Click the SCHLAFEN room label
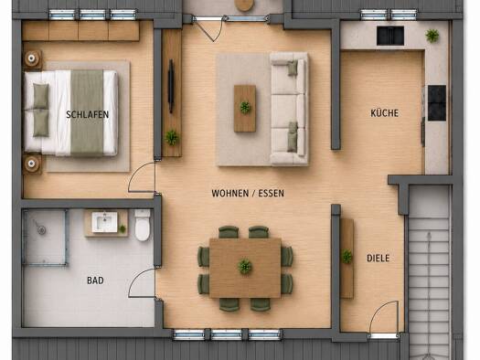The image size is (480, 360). [x=87, y=114]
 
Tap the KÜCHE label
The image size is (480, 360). [x=385, y=113]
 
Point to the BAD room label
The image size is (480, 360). [x=95, y=281]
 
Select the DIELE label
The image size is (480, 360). [x=379, y=259]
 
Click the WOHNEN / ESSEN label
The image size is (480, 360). [x=248, y=194]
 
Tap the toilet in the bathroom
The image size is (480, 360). [x=143, y=225]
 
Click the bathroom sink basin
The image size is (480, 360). [x=105, y=222]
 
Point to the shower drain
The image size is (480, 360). [x=42, y=229]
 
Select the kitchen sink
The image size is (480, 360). [x=390, y=36]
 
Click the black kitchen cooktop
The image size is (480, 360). [x=437, y=103]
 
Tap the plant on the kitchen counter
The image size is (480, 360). [x=432, y=36]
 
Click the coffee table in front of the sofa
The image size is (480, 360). [x=245, y=109]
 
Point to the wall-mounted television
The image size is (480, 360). [x=171, y=86]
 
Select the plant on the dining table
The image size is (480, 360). [x=245, y=266]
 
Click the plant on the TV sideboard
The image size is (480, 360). [x=172, y=138]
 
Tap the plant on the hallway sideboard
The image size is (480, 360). [x=347, y=257]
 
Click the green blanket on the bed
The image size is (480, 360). [x=87, y=112]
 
